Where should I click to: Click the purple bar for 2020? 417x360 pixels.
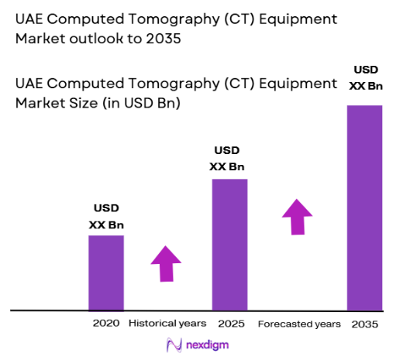tap(106, 273)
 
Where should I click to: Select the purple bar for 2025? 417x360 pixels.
tap(229, 245)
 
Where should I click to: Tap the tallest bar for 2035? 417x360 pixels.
tap(364, 207)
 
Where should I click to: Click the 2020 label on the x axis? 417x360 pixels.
tap(107, 323)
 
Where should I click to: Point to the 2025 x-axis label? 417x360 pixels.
tap(230, 323)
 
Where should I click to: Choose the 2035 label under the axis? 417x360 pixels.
tap(364, 323)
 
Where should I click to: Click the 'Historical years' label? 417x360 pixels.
tap(167, 323)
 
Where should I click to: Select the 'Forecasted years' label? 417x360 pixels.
tap(298, 323)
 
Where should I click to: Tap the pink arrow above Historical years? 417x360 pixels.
tap(164, 264)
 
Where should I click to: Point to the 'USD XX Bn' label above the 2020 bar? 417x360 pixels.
tap(106, 217)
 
